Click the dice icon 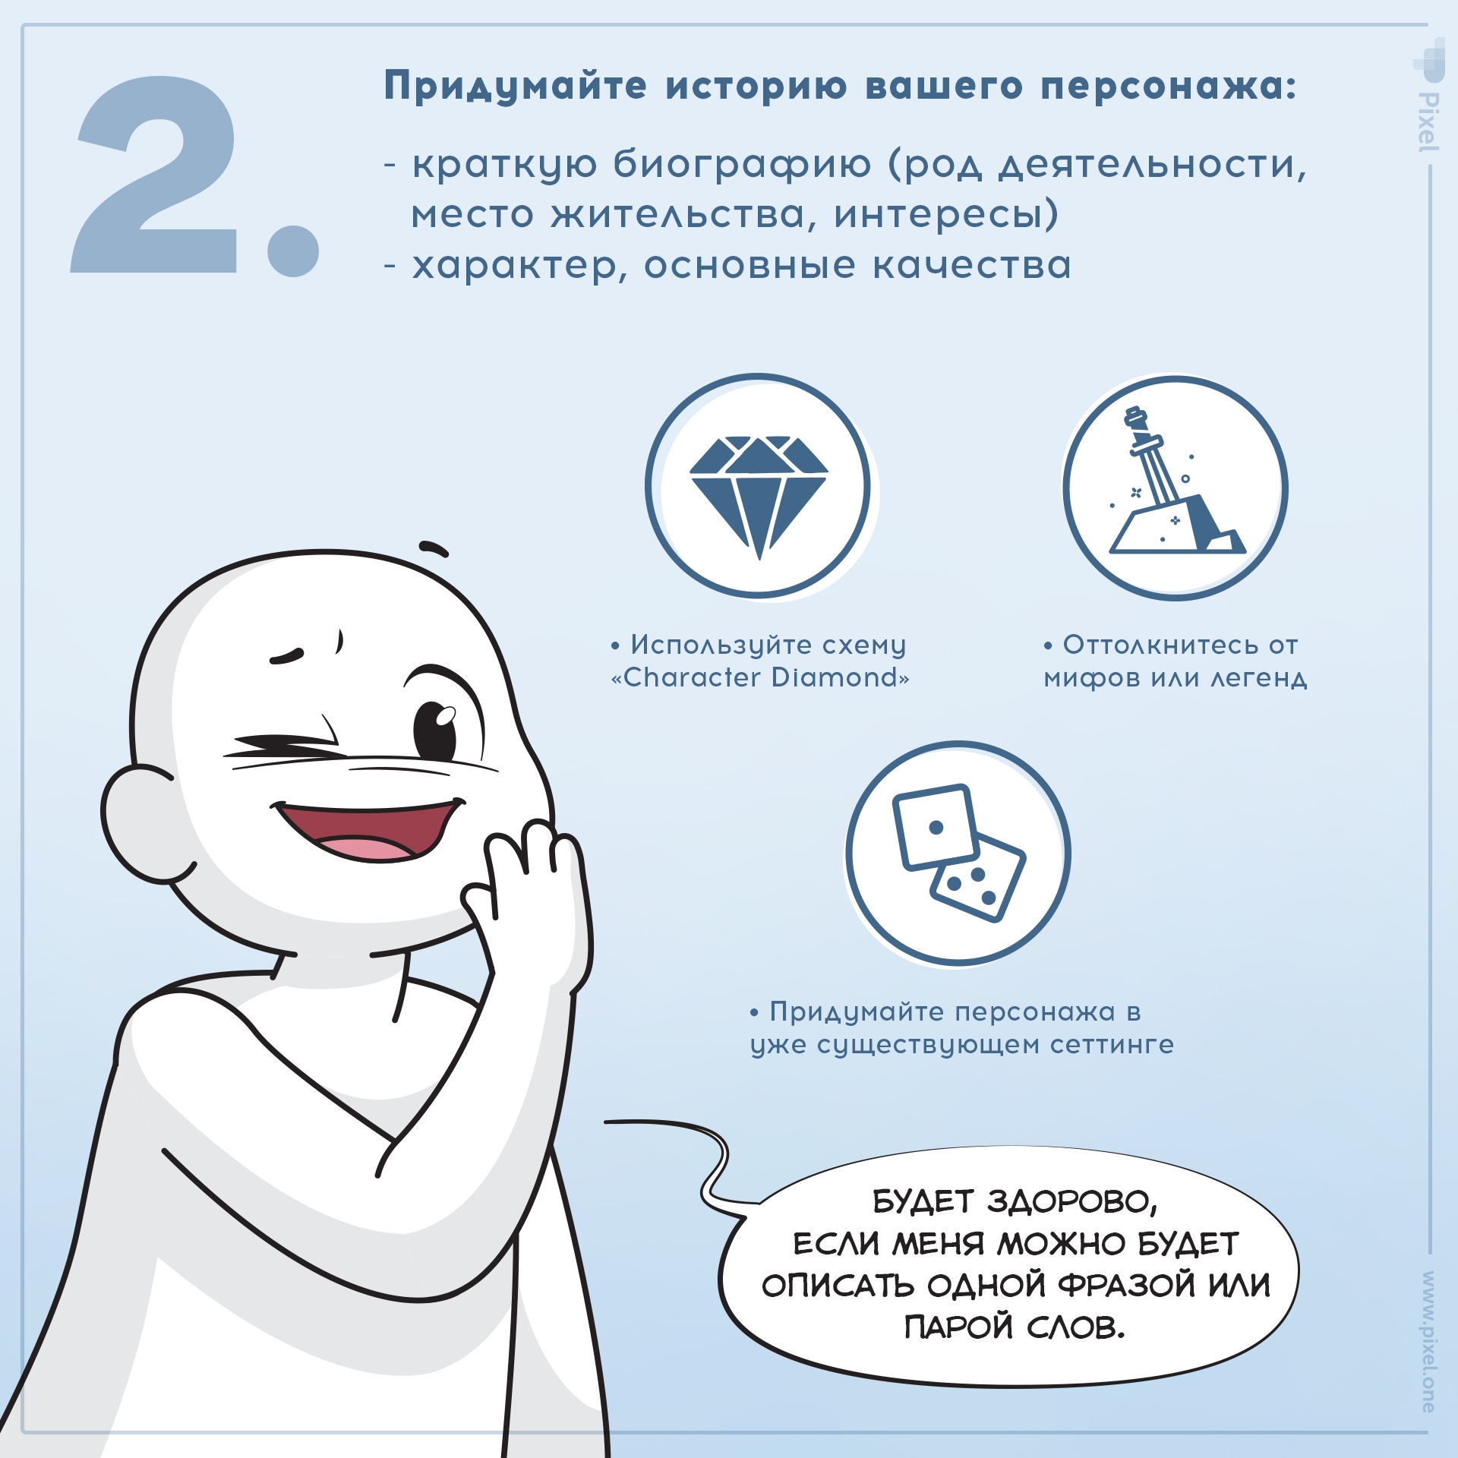pyautogui.click(x=958, y=854)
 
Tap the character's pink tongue pyautogui.click(x=363, y=847)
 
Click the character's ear pyautogui.click(x=140, y=824)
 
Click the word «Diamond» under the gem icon pyautogui.click(x=835, y=677)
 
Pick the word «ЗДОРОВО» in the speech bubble pyautogui.click(x=1072, y=1202)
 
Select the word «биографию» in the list pyautogui.click(x=741, y=164)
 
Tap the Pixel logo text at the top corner pyautogui.click(x=1428, y=121)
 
